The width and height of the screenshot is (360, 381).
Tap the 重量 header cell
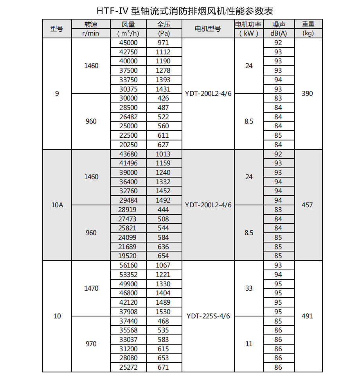point(308,24)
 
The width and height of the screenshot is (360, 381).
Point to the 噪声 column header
point(278,24)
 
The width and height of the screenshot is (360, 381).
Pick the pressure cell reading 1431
point(163,89)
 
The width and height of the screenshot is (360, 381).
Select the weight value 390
point(308,93)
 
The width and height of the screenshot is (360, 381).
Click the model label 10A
point(57,205)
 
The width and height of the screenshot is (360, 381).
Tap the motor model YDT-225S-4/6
point(208,316)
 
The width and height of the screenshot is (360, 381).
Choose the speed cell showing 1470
point(91,288)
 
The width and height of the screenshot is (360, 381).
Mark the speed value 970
point(91,344)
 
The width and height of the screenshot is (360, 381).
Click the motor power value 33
point(249,288)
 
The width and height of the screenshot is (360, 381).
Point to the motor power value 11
point(249,344)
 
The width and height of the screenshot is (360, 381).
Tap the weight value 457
point(308,205)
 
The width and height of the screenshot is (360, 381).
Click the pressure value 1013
point(163,154)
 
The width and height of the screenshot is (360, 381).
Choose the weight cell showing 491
point(308,316)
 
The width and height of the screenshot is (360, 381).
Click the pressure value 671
point(163,367)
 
